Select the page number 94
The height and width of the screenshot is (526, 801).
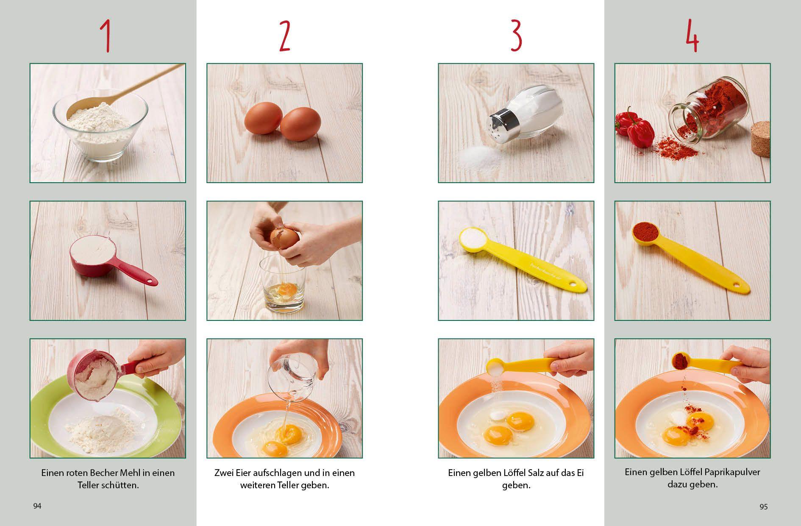point(37,506)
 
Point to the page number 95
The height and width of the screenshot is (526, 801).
point(763,507)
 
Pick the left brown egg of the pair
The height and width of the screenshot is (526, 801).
point(263,119)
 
